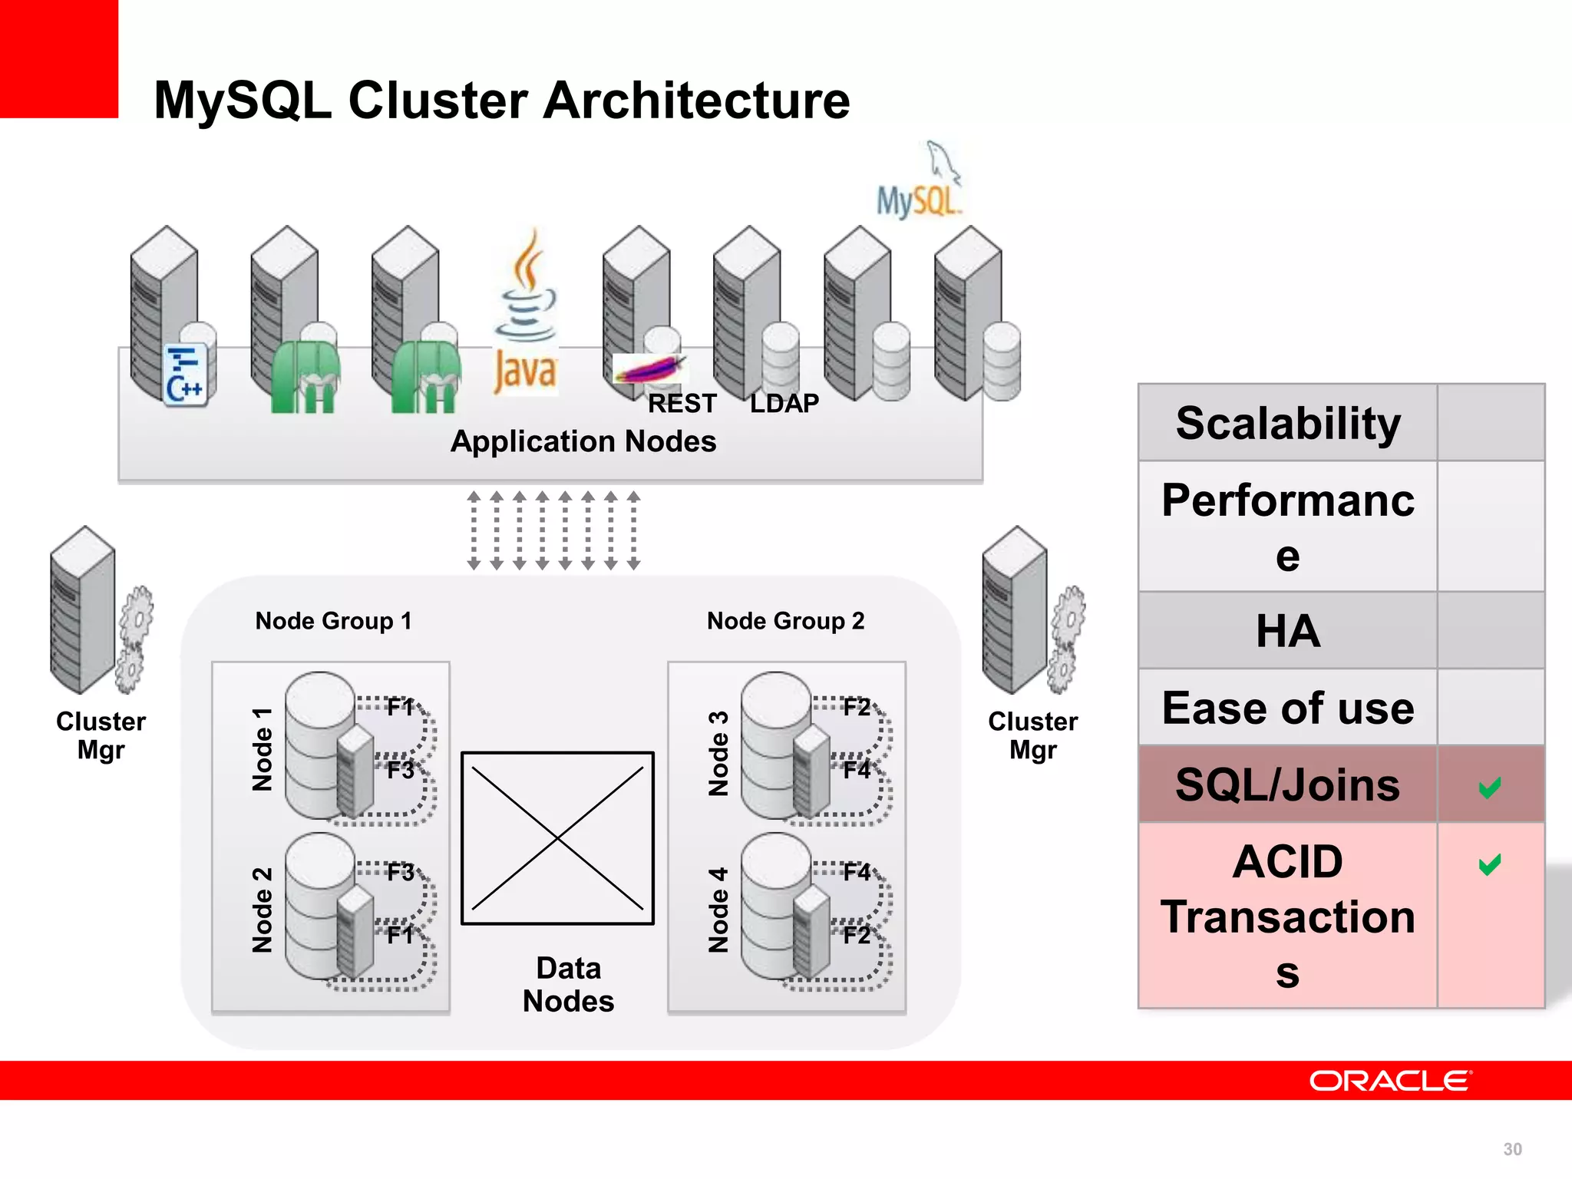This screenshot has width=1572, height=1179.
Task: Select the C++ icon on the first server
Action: click(x=185, y=374)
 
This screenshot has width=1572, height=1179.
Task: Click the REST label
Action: click(x=682, y=403)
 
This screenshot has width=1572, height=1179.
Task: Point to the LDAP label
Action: click(x=784, y=403)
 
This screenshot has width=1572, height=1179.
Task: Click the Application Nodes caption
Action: click(x=583, y=441)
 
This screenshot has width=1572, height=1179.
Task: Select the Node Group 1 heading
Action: click(x=333, y=620)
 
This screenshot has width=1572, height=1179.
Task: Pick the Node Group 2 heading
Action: click(x=785, y=620)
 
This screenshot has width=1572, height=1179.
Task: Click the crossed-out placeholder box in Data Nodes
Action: click(x=557, y=838)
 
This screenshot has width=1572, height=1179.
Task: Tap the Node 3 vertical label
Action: click(x=718, y=753)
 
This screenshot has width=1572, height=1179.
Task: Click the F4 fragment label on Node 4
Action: click(x=856, y=872)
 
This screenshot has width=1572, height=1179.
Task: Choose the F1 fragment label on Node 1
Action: click(x=400, y=706)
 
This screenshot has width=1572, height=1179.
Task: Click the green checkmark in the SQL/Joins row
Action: click(x=1489, y=787)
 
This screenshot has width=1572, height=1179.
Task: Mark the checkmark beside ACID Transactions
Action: click(x=1489, y=864)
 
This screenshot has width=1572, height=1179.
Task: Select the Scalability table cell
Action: click(x=1287, y=423)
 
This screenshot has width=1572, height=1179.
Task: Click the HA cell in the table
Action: click(x=1287, y=631)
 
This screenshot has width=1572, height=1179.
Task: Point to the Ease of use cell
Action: click(x=1287, y=708)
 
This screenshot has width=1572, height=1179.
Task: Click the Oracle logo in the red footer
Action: click(x=1390, y=1081)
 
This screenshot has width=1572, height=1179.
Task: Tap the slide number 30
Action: click(x=1512, y=1149)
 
